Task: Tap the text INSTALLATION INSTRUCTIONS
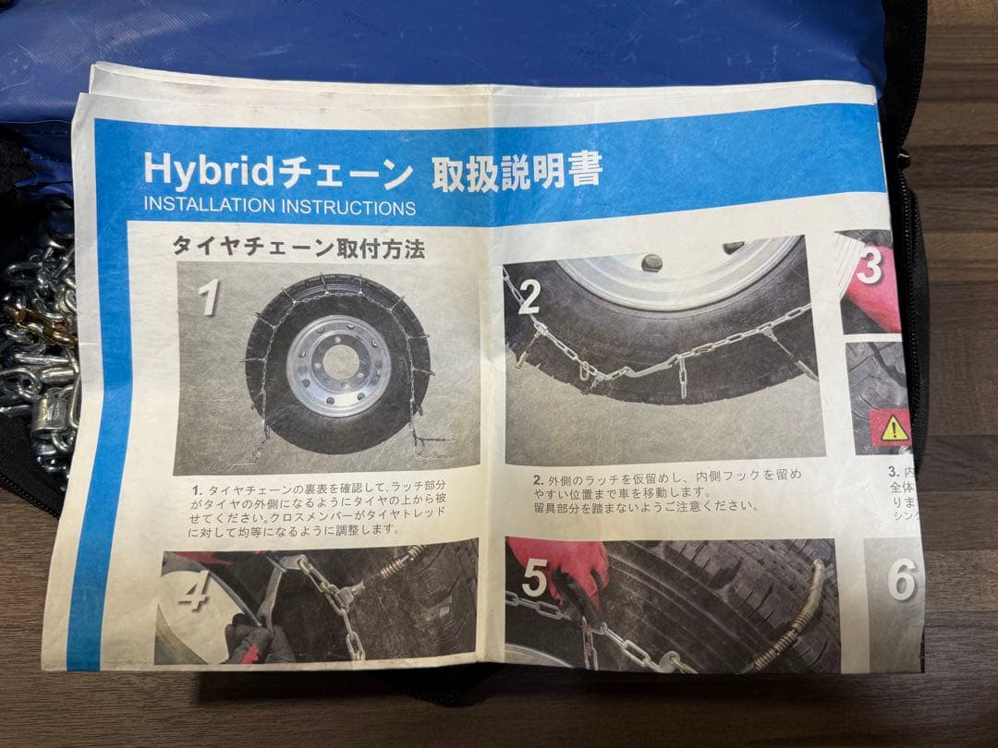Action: (279, 206)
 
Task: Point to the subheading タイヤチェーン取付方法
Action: (298, 247)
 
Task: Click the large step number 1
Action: (210, 297)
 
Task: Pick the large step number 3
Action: (869, 267)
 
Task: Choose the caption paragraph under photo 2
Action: (665, 489)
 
